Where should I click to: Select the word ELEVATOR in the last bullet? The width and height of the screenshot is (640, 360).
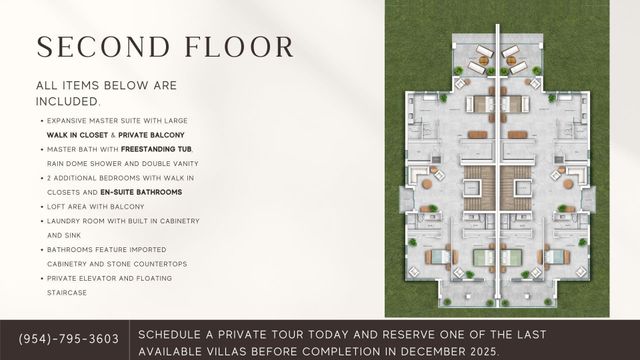point(104,278)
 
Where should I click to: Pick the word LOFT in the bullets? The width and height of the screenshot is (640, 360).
point(56,206)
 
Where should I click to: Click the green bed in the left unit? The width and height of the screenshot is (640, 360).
point(482,257)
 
